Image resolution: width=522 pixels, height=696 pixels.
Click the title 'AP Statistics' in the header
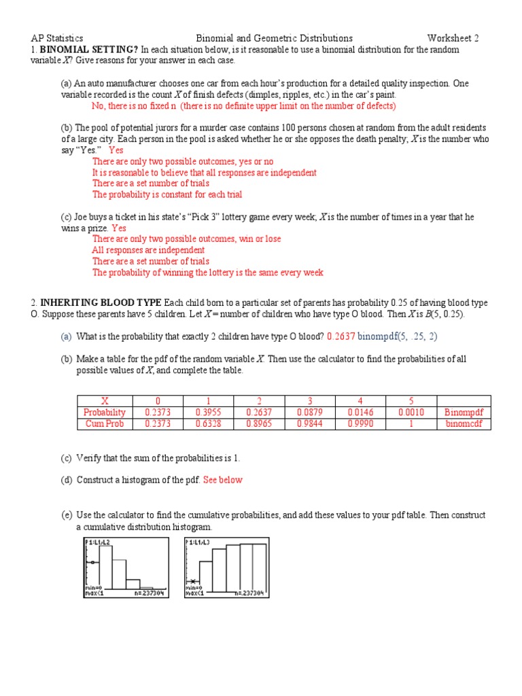click(57, 38)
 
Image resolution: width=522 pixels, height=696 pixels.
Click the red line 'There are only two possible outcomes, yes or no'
click(183, 161)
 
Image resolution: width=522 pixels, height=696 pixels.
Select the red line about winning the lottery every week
click(208, 273)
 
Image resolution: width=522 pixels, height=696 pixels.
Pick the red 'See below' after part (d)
click(222, 480)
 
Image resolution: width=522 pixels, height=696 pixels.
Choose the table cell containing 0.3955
click(209, 413)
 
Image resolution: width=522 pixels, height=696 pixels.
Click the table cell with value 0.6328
click(209, 423)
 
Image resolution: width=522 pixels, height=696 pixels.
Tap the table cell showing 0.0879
click(310, 413)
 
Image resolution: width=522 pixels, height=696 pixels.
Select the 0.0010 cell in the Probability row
click(411, 413)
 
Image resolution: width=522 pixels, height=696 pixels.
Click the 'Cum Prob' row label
click(105, 423)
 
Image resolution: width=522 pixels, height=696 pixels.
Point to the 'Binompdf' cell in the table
click(464, 413)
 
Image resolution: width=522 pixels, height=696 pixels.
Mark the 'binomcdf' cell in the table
click(464, 423)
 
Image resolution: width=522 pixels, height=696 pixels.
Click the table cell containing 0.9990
click(361, 423)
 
